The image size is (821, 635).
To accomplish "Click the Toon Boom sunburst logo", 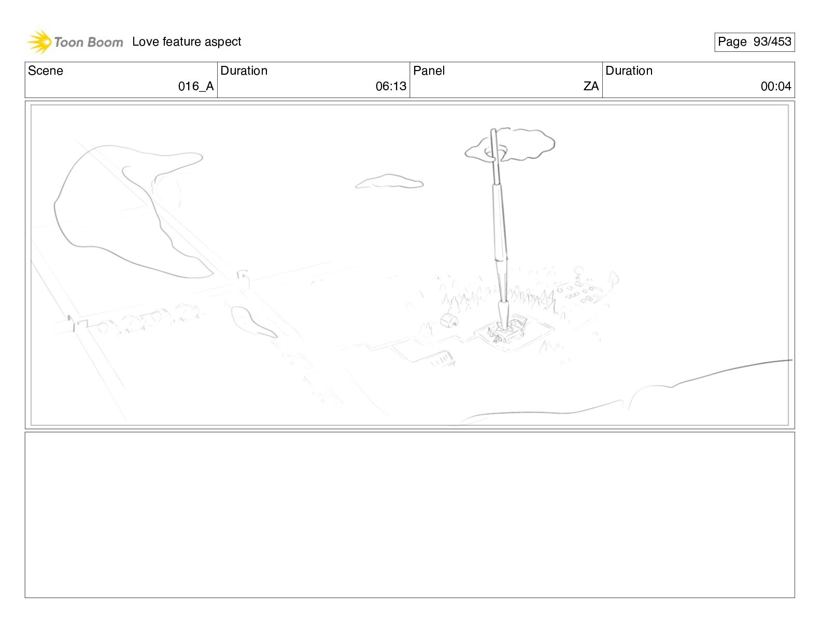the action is [39, 42].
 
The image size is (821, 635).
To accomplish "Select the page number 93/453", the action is [772, 42].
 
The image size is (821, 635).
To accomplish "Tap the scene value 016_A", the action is [196, 86].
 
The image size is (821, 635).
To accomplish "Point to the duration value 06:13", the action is [391, 86].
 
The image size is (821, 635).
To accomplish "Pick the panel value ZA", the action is [591, 86].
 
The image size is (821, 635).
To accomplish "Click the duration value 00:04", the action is [776, 86].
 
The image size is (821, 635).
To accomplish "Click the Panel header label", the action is [429, 71].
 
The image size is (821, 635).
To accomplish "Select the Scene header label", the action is [45, 71].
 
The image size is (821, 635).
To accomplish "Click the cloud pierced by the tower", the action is [509, 145].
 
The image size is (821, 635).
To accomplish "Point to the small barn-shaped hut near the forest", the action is [449, 321].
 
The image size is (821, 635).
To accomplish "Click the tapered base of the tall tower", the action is [503, 315].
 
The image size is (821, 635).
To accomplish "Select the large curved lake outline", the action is [129, 211].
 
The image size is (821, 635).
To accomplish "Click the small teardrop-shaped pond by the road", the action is [251, 322].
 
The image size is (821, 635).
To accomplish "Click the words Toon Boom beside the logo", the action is [89, 43].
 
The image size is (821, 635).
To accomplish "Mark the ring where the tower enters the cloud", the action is [496, 153].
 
